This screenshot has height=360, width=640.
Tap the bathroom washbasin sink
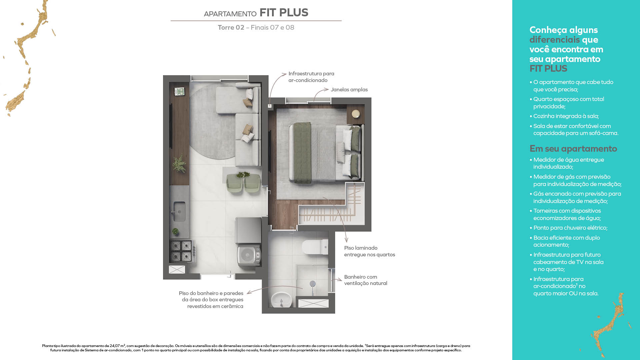pyautogui.click(x=281, y=300)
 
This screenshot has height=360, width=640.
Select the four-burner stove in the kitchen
pyautogui.click(x=181, y=251)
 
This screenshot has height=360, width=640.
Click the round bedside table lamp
pyautogui.click(x=356, y=114)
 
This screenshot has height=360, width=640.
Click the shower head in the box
pyautogui.click(x=313, y=284)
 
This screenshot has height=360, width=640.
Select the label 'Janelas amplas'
pyautogui.click(x=349, y=90)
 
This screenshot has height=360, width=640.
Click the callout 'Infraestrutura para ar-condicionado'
pyautogui.click(x=311, y=77)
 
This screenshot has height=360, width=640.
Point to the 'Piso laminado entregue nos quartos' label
pyautogui.click(x=369, y=251)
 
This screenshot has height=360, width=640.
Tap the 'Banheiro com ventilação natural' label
pyautogui.click(x=365, y=280)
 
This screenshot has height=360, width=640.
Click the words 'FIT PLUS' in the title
pyautogui.click(x=284, y=13)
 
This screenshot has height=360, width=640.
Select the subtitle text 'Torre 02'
pyautogui.click(x=231, y=28)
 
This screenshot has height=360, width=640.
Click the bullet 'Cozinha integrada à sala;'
pyautogui.click(x=566, y=116)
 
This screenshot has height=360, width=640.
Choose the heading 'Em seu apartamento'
pyautogui.click(x=573, y=149)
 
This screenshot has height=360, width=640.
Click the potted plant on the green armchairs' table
pyautogui.click(x=243, y=174)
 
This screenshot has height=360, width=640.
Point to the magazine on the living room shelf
pyautogui.click(x=179, y=92)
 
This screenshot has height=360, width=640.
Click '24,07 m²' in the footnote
pyautogui.click(x=117, y=346)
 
